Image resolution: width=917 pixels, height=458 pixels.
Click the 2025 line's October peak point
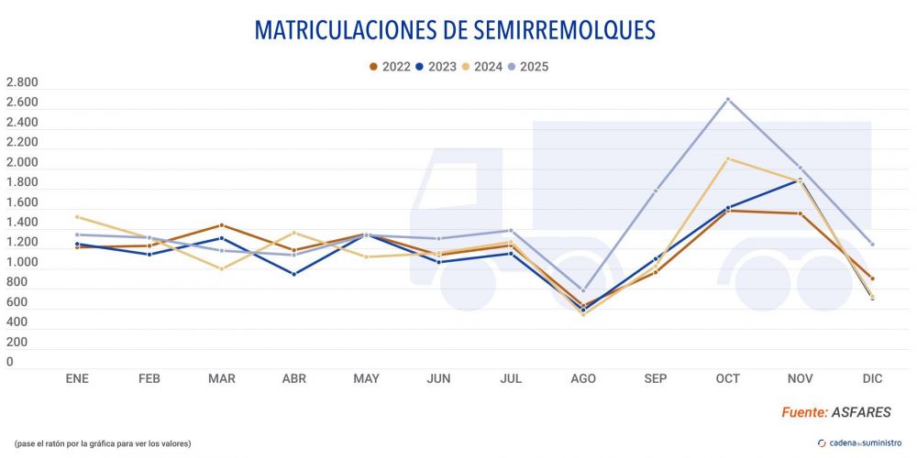pyautogui.click(x=727, y=99)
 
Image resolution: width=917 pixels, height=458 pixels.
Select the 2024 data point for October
pyautogui.click(x=727, y=158)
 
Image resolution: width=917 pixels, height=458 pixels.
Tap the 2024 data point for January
pyautogui.click(x=77, y=217)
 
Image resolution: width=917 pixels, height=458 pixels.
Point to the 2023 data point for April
pyautogui.click(x=293, y=274)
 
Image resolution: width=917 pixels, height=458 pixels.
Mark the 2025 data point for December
pyautogui.click(x=872, y=245)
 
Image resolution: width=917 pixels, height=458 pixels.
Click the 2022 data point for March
pyautogui.click(x=221, y=224)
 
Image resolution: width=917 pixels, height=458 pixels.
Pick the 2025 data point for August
pyautogui.click(x=583, y=290)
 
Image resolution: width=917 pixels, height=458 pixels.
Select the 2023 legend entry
pyautogui.click(x=438, y=66)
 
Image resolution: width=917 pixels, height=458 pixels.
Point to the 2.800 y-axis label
pyautogui.click(x=22, y=82)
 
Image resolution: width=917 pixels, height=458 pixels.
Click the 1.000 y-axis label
pyautogui.click(x=22, y=263)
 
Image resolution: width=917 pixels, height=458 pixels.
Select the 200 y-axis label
pyautogui.click(x=17, y=343)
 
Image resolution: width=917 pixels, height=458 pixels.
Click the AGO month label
pyautogui.click(x=583, y=378)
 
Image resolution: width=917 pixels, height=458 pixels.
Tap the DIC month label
pyautogui.click(x=872, y=378)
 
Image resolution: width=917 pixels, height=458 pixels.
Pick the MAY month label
pyautogui.click(x=366, y=378)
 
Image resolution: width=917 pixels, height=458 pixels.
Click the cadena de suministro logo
pyautogui.click(x=859, y=443)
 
